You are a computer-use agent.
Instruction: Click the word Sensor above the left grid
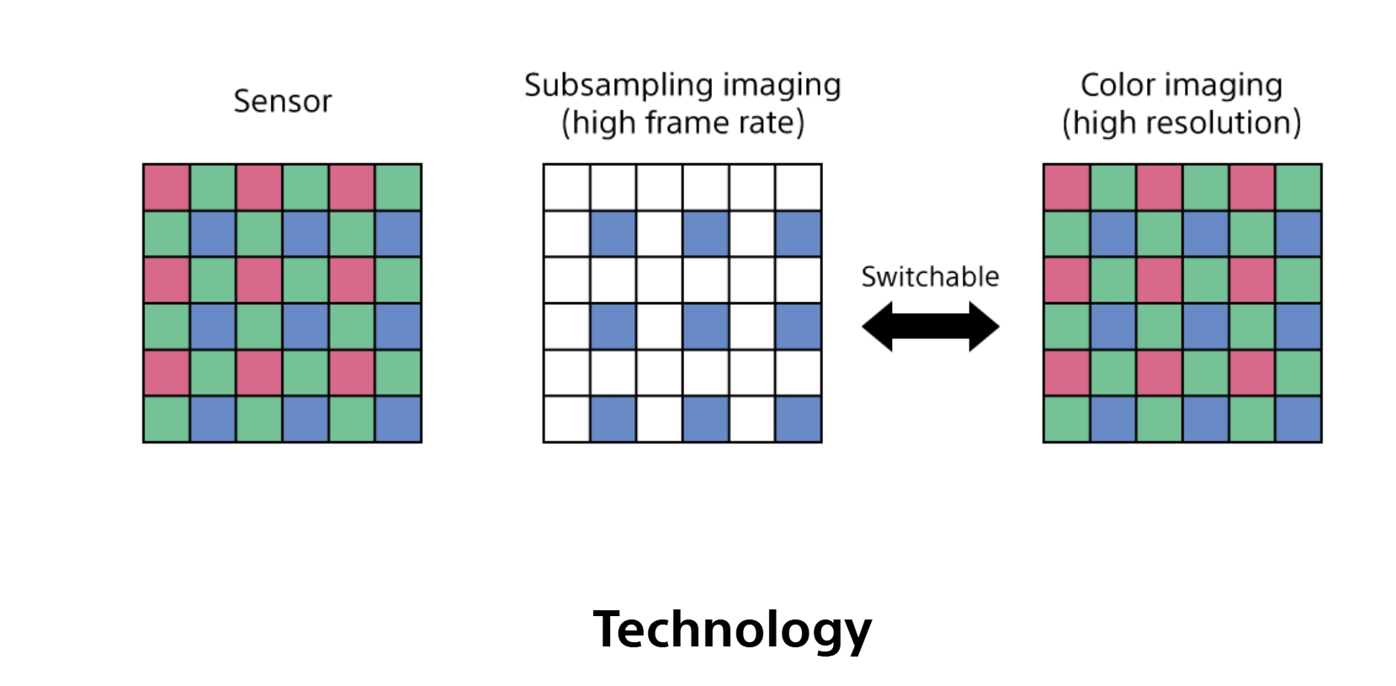tap(282, 101)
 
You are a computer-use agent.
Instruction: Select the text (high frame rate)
tap(682, 123)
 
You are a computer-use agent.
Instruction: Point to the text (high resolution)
tap(1181, 123)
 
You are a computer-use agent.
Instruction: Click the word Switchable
tap(930, 277)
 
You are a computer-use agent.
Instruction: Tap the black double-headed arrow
tap(930, 327)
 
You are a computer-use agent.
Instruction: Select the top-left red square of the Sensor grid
tap(167, 188)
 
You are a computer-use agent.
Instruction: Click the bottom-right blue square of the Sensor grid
tap(398, 419)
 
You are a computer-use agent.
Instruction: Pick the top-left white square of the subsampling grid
tap(566, 188)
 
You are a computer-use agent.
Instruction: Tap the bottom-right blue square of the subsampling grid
tap(798, 419)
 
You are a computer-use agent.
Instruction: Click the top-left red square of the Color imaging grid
tap(1067, 188)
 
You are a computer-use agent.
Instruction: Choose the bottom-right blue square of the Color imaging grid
tap(1298, 419)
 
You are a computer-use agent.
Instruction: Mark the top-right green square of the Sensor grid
tap(398, 188)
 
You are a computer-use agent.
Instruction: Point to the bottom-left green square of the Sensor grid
tap(167, 419)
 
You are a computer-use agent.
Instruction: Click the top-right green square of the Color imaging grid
tap(1298, 188)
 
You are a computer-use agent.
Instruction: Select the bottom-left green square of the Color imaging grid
tap(1067, 419)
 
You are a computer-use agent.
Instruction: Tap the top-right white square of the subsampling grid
tap(798, 188)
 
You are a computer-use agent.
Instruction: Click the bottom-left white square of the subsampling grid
tap(566, 419)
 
